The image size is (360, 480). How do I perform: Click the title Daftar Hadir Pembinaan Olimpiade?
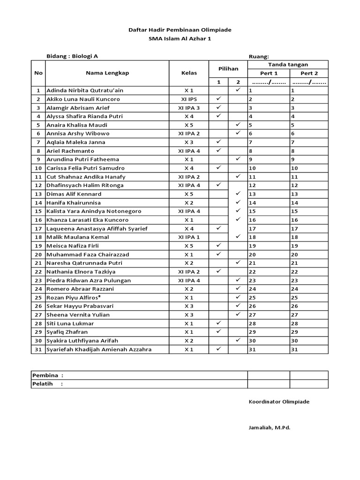point(180,30)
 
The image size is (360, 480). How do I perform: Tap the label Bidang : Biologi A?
point(72,56)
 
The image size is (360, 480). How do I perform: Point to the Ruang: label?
point(259,56)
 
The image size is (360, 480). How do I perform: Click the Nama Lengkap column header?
point(107,73)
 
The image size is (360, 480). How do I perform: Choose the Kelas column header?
point(189,73)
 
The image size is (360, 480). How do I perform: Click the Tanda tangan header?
point(288,65)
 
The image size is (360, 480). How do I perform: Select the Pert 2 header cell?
point(309,73)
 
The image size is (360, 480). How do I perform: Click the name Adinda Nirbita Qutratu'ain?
point(85,90)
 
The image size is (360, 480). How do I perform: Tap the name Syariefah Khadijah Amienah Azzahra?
point(99,349)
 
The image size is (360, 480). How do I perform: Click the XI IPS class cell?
point(189,99)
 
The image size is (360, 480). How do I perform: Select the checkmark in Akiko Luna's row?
point(218,99)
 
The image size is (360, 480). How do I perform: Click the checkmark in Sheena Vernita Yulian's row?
point(238,314)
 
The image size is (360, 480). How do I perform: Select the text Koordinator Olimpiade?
point(279,402)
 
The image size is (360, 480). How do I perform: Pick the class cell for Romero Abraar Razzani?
point(189,289)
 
